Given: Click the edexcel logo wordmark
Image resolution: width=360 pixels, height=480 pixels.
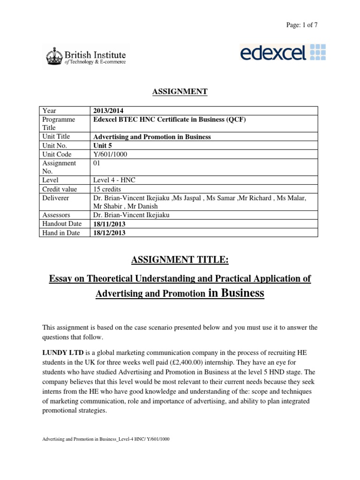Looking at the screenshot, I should [272, 52].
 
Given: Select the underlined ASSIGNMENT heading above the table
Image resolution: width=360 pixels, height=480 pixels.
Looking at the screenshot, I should [180, 91].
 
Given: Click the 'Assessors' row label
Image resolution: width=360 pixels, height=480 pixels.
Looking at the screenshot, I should [58, 215].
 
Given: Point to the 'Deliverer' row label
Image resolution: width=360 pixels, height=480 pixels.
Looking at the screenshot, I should [57, 198].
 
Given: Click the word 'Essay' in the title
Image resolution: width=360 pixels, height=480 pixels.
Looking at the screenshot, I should [60, 279].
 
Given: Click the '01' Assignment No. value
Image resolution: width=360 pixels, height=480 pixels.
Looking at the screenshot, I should [97, 163].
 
